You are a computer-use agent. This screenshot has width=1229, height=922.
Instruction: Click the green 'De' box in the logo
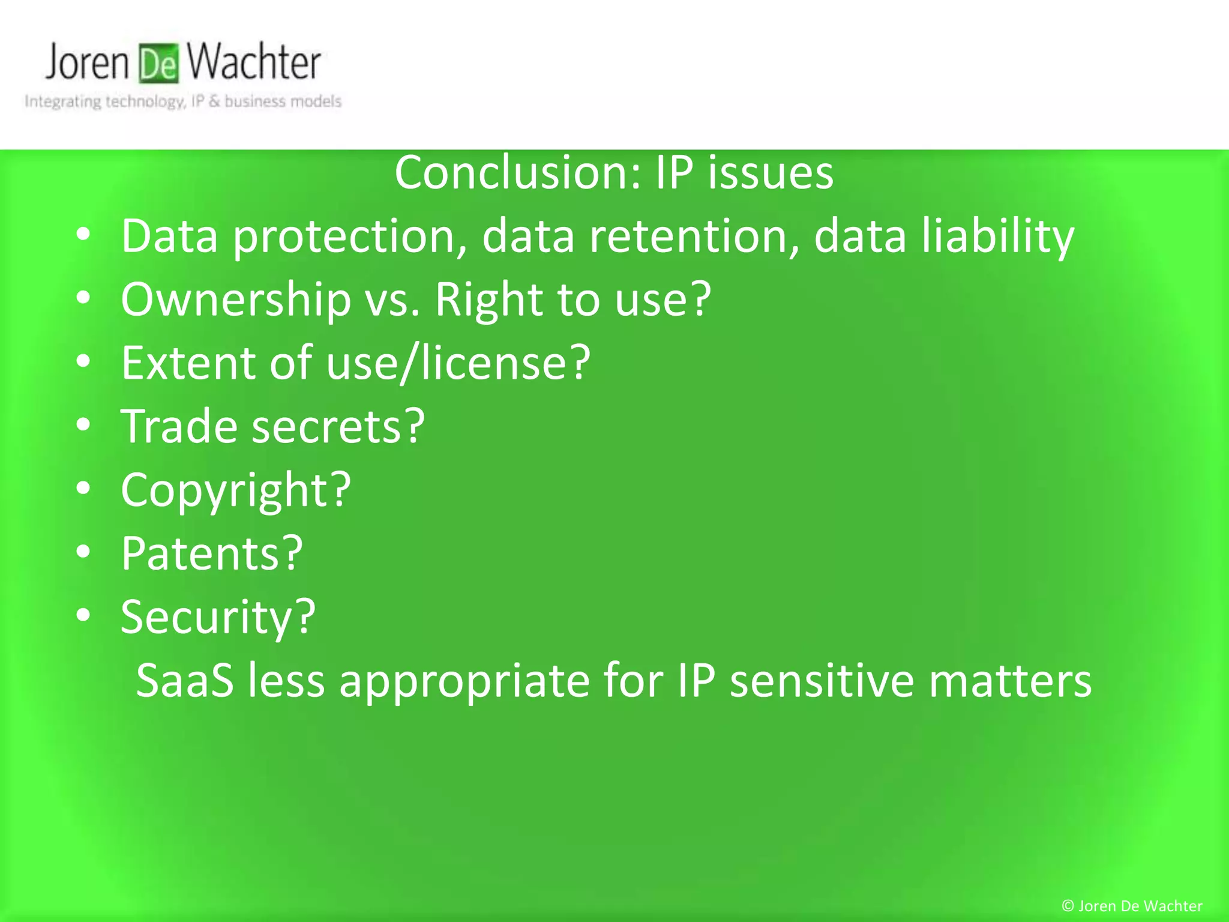click(x=159, y=64)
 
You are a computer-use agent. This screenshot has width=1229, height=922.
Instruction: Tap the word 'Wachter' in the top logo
click(x=253, y=62)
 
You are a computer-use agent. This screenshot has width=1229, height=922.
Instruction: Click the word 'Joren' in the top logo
click(x=88, y=63)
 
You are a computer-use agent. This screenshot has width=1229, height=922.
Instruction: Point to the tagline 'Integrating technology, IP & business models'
click(x=183, y=101)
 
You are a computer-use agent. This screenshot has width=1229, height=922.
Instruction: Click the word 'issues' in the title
click(x=771, y=173)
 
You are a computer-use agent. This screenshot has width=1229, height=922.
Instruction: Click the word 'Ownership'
click(x=236, y=300)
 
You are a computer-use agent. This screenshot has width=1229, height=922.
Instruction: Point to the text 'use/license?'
click(x=459, y=363)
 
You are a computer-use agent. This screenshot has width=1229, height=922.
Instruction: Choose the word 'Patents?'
click(x=212, y=553)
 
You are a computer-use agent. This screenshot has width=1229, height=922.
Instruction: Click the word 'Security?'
click(x=218, y=617)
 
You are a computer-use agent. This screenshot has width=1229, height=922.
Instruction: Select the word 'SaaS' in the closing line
click(x=185, y=681)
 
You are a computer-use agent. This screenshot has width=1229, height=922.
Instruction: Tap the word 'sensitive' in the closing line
click(x=822, y=681)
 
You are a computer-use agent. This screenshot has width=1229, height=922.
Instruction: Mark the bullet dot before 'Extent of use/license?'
click(x=83, y=361)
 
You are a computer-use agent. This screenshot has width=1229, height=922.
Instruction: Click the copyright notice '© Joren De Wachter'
click(x=1132, y=906)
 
